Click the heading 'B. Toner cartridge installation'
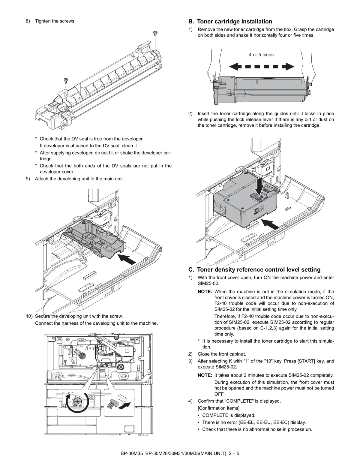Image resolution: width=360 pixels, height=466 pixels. (x=230, y=22)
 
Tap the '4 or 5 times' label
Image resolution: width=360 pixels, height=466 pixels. (x=261, y=55)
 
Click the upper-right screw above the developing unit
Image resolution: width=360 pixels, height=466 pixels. (x=155, y=32)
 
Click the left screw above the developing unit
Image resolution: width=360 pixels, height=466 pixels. (x=65, y=80)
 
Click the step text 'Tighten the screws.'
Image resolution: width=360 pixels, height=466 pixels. (x=55, y=21)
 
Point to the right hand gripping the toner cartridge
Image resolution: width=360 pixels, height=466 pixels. (x=309, y=72)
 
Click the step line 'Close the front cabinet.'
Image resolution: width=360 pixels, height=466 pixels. (x=222, y=354)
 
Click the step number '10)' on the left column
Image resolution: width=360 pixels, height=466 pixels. (x=29, y=316)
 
